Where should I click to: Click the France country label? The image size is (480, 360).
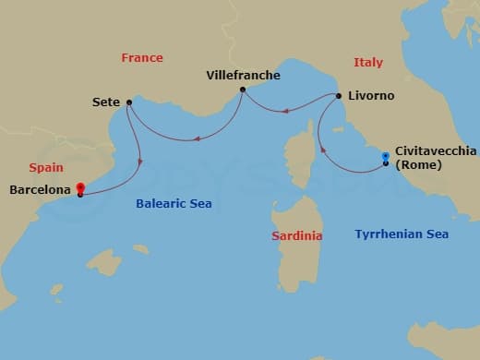141,58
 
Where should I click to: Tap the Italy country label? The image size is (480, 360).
368,62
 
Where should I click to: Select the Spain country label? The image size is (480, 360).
46,168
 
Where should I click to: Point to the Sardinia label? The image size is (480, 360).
296,236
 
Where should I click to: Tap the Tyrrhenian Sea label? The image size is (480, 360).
402,234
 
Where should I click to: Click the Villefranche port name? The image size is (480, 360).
242,75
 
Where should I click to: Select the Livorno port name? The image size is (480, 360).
372,96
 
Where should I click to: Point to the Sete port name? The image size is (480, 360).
107,102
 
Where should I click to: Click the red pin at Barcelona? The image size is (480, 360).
80,187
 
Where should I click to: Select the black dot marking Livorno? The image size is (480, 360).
339,96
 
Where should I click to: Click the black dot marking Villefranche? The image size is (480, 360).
242,90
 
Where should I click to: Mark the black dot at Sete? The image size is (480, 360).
128,102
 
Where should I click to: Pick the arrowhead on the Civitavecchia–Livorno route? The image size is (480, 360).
320,147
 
